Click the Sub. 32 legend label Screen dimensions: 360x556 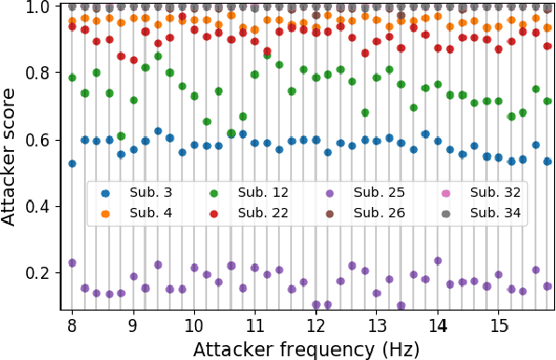click(x=471, y=193)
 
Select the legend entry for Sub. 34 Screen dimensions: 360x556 click(x=471, y=213)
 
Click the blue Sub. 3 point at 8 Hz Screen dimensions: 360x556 click(x=72, y=163)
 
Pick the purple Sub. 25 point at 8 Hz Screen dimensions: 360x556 click(x=72, y=263)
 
